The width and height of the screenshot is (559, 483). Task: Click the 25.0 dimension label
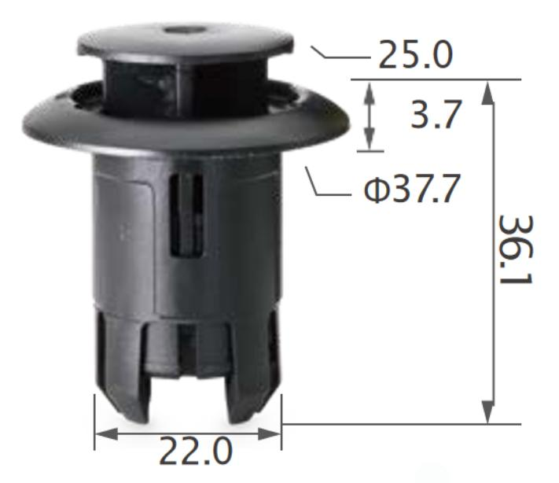click(x=415, y=54)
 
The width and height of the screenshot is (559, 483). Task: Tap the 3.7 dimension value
click(x=436, y=115)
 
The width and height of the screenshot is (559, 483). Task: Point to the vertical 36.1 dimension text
click(x=515, y=249)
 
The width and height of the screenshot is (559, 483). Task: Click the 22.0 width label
click(x=196, y=451)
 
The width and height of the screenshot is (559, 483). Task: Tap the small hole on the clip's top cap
click(x=185, y=30)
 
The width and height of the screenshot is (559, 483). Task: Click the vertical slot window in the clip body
click(x=186, y=215)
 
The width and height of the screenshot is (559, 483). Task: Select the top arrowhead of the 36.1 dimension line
click(x=487, y=93)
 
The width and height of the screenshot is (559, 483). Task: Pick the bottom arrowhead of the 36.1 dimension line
click(x=487, y=412)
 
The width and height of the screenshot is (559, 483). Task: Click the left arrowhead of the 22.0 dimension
click(x=107, y=434)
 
